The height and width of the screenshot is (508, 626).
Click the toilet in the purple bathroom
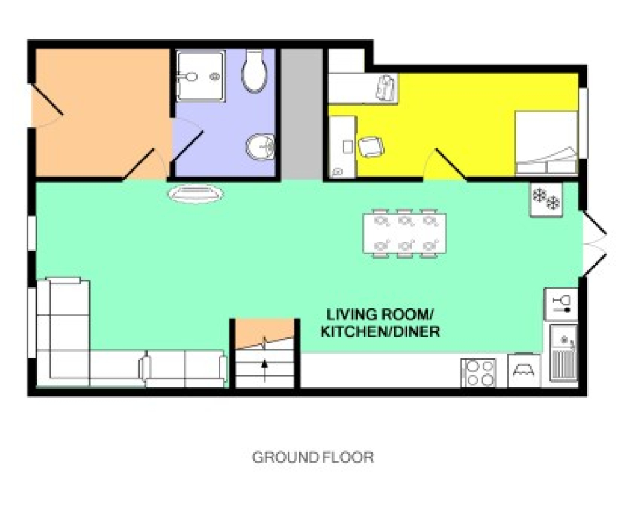(255, 70)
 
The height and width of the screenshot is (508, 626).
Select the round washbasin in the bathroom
(261, 146)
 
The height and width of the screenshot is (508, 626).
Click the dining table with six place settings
(404, 234)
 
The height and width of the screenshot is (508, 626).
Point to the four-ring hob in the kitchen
(478, 373)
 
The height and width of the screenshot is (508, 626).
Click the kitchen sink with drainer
(563, 352)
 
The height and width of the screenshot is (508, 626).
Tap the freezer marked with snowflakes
(546, 200)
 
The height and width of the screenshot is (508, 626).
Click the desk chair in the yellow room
(371, 147)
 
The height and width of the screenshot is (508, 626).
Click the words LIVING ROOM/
(380, 314)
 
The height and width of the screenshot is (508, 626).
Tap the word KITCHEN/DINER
(380, 331)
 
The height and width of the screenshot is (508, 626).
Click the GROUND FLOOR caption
(313, 457)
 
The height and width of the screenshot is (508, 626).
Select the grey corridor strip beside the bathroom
(301, 114)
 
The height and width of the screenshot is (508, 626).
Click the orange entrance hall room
(102, 112)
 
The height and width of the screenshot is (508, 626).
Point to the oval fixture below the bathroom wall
(196, 194)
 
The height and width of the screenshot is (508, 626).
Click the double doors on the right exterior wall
(595, 243)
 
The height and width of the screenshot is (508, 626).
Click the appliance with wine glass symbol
(562, 303)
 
